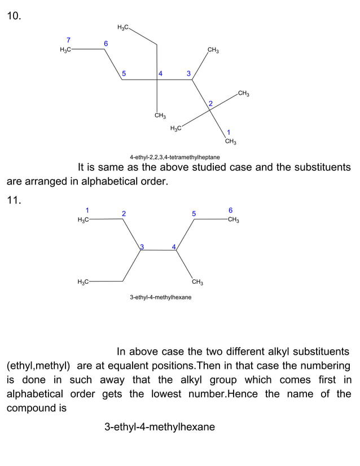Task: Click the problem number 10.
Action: point(14,16)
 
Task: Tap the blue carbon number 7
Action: point(68,40)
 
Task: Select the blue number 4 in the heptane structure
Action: point(161,73)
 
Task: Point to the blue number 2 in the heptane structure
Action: point(210,103)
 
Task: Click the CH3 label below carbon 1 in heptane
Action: point(230,141)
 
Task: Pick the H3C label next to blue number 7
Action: point(65,50)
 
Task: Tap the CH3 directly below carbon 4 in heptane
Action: point(160,116)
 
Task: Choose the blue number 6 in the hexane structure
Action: point(230,210)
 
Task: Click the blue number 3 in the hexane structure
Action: point(142,247)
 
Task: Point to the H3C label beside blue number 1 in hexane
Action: point(82,220)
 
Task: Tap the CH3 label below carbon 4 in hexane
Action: point(197,282)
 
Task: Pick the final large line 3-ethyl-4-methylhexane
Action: point(160,427)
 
